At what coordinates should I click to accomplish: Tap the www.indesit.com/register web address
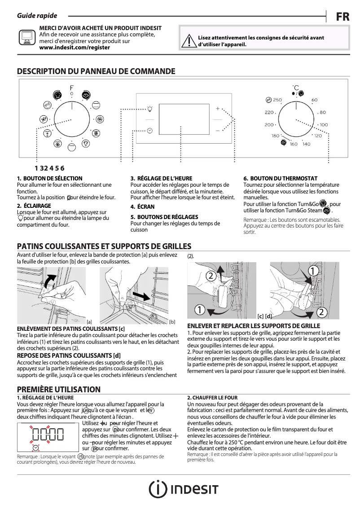pyautogui.click(x=75, y=47)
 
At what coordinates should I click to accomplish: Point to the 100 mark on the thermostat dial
pyautogui.click(x=323, y=125)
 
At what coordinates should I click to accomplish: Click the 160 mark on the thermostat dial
pyautogui.click(x=293, y=144)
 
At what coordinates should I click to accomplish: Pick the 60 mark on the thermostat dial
pyautogui.click(x=314, y=100)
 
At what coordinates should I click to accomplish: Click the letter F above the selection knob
pyautogui.click(x=71, y=88)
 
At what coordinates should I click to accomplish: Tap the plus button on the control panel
pyautogui.click(x=218, y=109)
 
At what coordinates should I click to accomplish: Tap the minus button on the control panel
pyautogui.click(x=218, y=130)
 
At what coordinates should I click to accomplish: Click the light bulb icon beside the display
pyautogui.click(x=150, y=109)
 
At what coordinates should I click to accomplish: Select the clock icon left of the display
pyautogui.click(x=149, y=131)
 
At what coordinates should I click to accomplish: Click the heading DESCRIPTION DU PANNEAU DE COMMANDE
pyautogui.click(x=96, y=71)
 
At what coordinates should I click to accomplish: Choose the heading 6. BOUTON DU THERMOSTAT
pyautogui.click(x=280, y=179)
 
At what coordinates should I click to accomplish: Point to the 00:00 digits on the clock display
pyautogui.click(x=48, y=434)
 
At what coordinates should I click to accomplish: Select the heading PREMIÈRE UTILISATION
pyautogui.click(x=58, y=389)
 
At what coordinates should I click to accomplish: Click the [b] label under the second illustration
pyautogui.click(x=172, y=321)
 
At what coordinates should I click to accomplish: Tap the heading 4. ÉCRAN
pyautogui.click(x=142, y=207)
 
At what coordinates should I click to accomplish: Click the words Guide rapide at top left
pyautogui.click(x=37, y=16)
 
